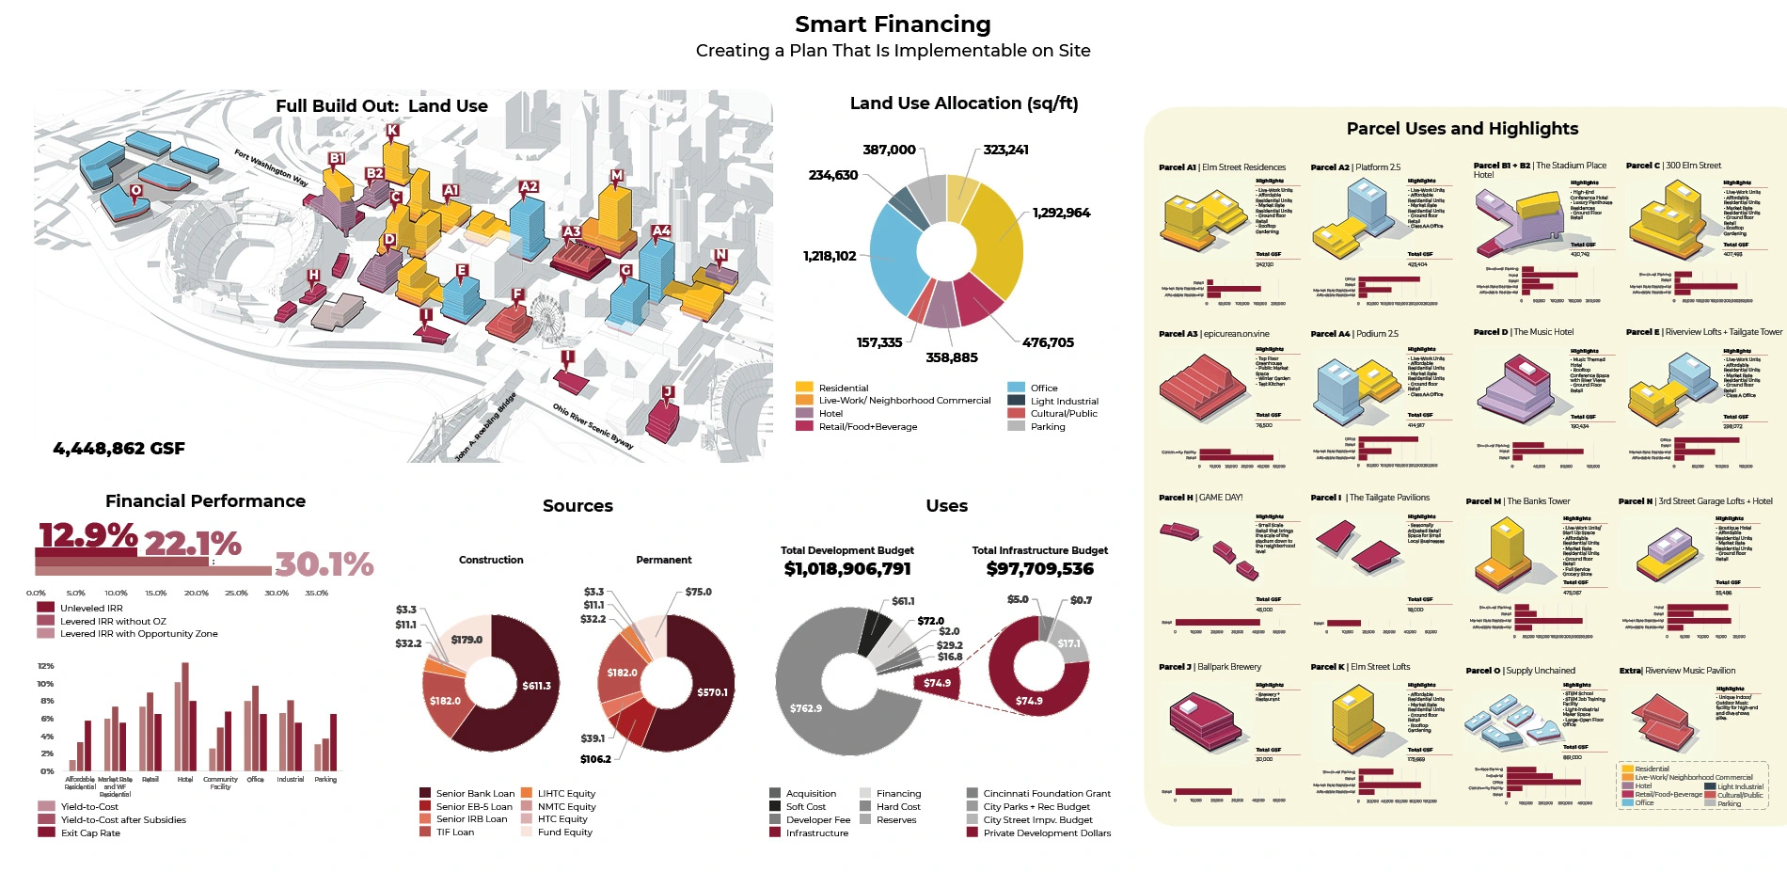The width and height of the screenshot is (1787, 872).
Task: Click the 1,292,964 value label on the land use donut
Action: tap(1061, 213)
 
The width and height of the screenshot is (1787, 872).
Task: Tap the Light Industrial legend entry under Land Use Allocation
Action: tap(1064, 401)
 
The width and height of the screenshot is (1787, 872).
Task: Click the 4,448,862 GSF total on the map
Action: tap(119, 449)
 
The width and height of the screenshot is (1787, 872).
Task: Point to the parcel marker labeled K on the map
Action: tap(392, 131)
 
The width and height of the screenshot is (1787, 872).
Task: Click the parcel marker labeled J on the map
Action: tap(668, 392)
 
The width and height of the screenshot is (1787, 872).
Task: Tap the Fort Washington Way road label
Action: tap(271, 167)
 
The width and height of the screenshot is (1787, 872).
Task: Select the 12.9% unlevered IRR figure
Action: tap(87, 535)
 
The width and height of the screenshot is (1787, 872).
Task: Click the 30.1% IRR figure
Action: tap(324, 564)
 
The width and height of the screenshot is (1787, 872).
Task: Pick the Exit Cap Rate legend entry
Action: tap(90, 832)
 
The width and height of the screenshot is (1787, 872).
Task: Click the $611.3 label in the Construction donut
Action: tap(536, 686)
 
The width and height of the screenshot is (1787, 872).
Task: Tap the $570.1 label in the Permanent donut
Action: tap(712, 692)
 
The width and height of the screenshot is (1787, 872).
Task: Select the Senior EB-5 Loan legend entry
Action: tap(474, 806)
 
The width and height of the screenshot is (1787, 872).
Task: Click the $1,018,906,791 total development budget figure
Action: tap(847, 569)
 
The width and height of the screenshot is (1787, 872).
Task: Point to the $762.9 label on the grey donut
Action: tap(806, 708)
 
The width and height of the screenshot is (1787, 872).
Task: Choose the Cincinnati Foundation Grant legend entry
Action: tap(1046, 794)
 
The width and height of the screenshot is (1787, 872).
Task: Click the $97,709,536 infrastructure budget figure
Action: tap(1039, 569)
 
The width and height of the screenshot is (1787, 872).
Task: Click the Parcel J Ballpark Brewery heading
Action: tap(1210, 667)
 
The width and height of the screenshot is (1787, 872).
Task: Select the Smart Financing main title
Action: tap(893, 24)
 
